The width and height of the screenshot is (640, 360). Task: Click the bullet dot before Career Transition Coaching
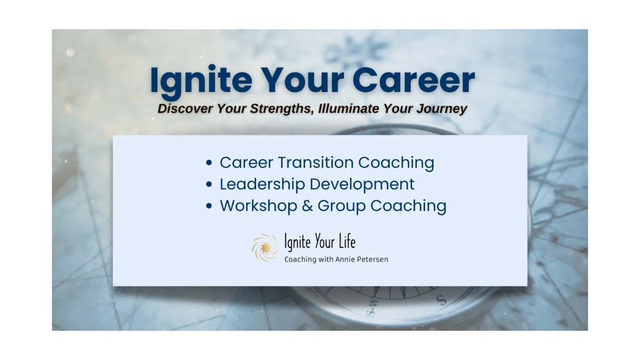[x=209, y=163]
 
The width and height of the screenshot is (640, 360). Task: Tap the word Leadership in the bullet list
[x=262, y=184]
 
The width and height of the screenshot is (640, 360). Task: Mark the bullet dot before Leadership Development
[x=209, y=185]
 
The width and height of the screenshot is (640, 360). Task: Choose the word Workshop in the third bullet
[x=259, y=206]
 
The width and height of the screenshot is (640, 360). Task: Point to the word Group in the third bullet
[x=342, y=206]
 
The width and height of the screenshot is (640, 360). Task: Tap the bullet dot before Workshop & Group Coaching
[x=209, y=206]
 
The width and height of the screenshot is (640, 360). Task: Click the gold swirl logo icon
[x=265, y=247]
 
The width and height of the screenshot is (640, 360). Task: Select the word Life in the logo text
[x=347, y=242]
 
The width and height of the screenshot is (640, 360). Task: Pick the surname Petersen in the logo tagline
[x=372, y=259]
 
